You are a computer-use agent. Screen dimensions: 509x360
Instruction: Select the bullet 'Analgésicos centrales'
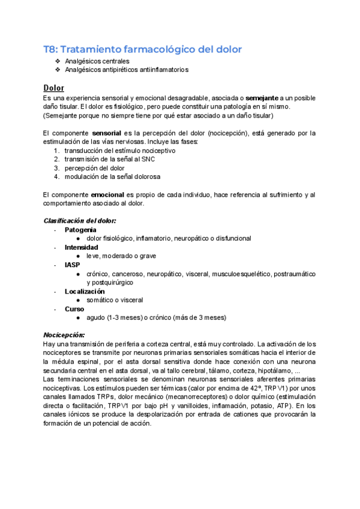tap(97, 61)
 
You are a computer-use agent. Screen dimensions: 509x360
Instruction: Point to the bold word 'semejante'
tap(262, 97)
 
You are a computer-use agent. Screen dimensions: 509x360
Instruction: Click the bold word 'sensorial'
tap(108, 133)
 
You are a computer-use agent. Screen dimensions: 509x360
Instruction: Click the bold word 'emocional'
tap(107, 195)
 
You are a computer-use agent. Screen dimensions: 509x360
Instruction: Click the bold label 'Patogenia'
tap(80, 230)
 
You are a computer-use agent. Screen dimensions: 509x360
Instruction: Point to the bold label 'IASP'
tap(73, 265)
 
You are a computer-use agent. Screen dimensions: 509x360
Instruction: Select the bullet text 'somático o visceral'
tap(115, 300)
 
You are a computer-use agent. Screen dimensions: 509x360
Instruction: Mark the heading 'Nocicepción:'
tap(64, 335)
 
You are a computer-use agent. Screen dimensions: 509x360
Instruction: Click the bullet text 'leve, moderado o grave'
tap(121, 256)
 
